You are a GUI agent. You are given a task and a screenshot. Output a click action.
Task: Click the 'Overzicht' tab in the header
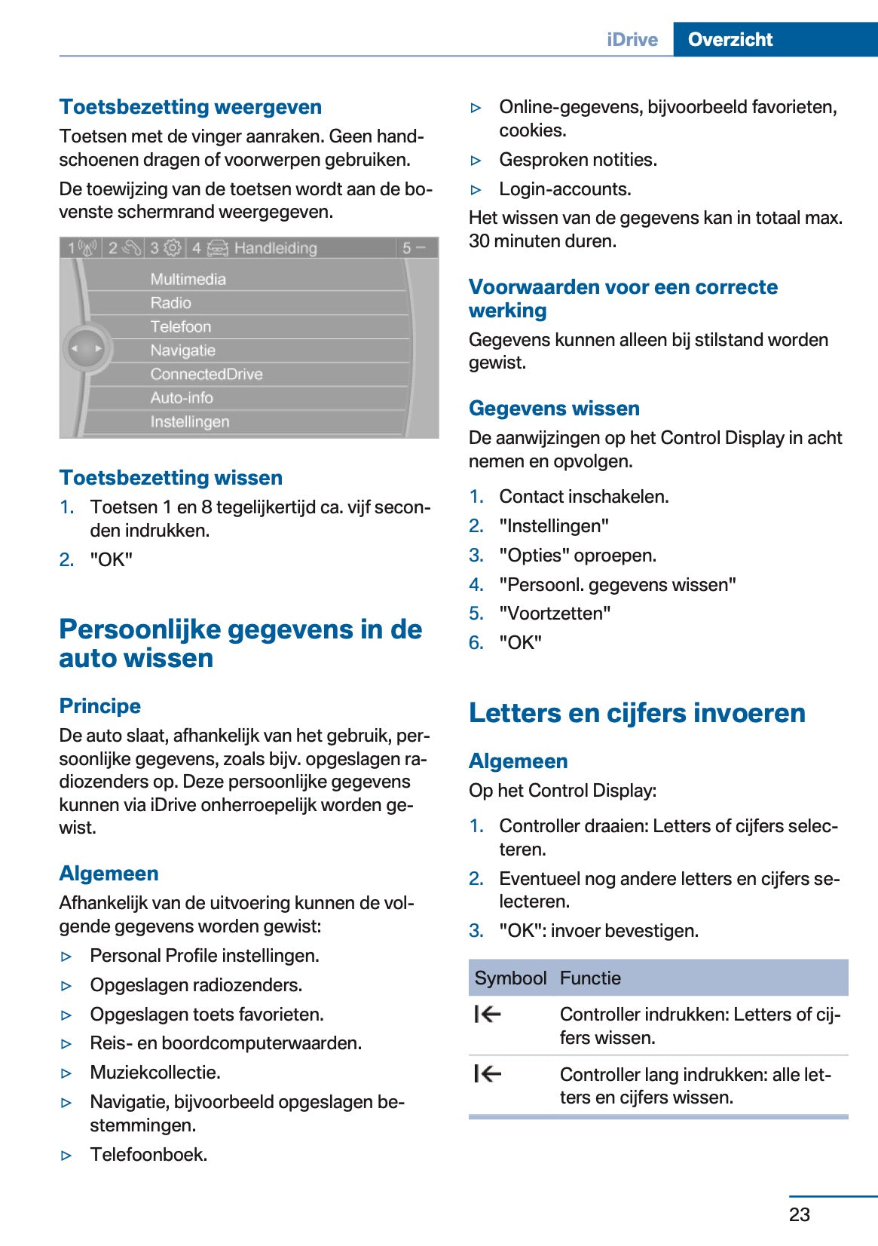pyautogui.click(x=730, y=39)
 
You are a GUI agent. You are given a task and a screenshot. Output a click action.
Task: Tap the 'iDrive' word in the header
pyautogui.click(x=632, y=40)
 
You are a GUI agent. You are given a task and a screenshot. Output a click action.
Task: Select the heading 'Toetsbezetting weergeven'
pyautogui.click(x=191, y=107)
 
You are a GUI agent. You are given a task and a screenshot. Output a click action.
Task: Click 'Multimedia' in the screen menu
pyautogui.click(x=188, y=279)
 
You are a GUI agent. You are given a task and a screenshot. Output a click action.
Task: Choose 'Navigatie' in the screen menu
pyautogui.click(x=182, y=351)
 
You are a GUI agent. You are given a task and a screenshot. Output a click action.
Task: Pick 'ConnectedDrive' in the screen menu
pyautogui.click(x=206, y=374)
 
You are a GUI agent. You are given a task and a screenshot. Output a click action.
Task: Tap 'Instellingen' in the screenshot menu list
pyautogui.click(x=189, y=421)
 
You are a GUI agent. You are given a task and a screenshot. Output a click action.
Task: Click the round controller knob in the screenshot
pyautogui.click(x=86, y=348)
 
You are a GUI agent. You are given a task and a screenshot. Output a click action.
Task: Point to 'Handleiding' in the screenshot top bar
pyautogui.click(x=275, y=248)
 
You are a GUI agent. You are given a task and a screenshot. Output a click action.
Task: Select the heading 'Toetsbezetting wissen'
pyautogui.click(x=171, y=478)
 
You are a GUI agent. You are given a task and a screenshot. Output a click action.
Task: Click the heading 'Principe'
pyautogui.click(x=100, y=706)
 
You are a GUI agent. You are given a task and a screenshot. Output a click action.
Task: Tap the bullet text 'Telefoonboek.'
pyautogui.click(x=148, y=1154)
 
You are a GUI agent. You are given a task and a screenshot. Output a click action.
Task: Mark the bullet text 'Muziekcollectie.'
pyautogui.click(x=155, y=1072)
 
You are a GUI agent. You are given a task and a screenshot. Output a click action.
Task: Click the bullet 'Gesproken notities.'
pyautogui.click(x=578, y=160)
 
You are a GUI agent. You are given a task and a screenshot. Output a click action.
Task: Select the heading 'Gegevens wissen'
pyautogui.click(x=554, y=409)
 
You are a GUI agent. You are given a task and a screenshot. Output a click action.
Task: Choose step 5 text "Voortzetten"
pyautogui.click(x=555, y=614)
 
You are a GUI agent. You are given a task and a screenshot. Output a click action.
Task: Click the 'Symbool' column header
pyautogui.click(x=510, y=978)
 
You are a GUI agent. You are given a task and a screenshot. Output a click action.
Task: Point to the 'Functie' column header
pyautogui.click(x=590, y=978)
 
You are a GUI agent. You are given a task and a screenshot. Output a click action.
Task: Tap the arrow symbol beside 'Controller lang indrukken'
pyautogui.click(x=488, y=1073)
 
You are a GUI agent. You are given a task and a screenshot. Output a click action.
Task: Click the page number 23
pyautogui.click(x=800, y=1214)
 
